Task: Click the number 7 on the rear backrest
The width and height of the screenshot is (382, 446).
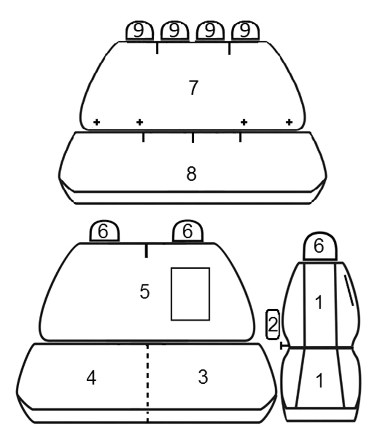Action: tap(194, 87)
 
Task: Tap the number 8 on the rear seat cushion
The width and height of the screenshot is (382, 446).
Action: tap(192, 174)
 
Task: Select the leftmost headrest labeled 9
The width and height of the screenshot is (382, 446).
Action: tap(140, 31)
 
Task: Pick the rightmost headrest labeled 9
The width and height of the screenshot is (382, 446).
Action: tap(245, 31)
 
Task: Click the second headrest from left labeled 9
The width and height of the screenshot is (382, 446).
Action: tap(175, 31)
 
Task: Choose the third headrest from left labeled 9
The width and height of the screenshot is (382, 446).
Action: tap(210, 31)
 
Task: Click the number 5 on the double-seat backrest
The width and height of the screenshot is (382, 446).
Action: tap(145, 291)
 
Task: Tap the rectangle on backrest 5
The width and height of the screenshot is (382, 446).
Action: tap(190, 294)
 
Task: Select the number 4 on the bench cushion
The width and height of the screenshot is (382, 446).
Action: tap(91, 378)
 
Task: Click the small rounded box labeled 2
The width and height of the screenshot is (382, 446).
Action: tap(273, 324)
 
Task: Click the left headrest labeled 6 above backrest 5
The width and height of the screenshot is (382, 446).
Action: tap(104, 231)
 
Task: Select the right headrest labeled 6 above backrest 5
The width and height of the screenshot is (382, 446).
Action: tap(187, 231)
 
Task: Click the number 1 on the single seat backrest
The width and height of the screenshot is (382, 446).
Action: tap(319, 302)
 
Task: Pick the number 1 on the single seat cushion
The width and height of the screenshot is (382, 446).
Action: tap(320, 380)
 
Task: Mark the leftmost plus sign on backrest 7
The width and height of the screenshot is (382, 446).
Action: tap(97, 122)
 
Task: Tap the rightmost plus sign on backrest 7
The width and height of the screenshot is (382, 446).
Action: tap(289, 122)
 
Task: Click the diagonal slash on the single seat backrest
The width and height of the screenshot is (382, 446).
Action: tap(349, 290)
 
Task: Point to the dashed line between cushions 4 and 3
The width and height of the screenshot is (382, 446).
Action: tap(147, 383)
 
